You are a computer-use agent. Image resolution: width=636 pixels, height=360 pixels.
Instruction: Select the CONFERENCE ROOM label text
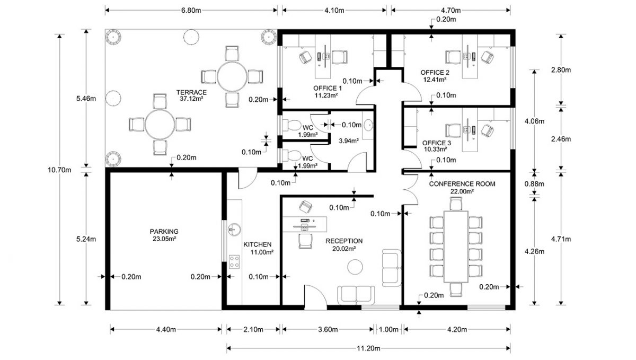click(x=462, y=184)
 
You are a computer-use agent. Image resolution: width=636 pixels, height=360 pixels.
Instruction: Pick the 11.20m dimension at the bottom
click(x=368, y=348)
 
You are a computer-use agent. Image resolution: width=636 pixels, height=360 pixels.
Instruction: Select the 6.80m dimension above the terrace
click(x=191, y=10)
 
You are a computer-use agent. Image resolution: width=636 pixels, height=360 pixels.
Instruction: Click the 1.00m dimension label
click(x=388, y=329)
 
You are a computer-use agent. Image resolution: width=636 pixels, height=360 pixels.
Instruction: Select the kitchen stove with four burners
click(x=234, y=261)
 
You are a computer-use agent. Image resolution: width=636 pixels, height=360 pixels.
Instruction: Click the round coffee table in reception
click(x=355, y=267)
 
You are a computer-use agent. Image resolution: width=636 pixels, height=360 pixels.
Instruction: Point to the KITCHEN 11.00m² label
click(x=258, y=248)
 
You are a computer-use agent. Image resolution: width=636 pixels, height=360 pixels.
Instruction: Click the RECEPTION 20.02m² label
click(x=344, y=244)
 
